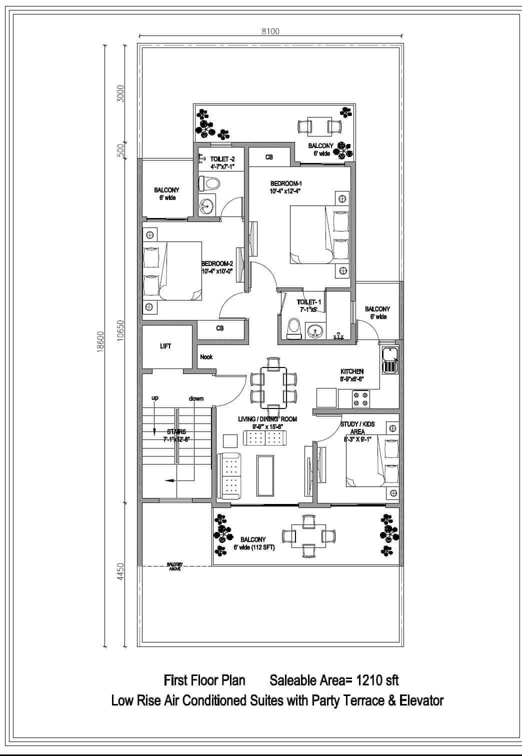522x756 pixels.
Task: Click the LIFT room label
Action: [165, 346]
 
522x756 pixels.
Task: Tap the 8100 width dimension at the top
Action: [270, 31]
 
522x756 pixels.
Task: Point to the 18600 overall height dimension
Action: [100, 342]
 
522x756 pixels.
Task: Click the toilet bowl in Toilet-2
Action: [209, 183]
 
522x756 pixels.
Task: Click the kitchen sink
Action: [389, 361]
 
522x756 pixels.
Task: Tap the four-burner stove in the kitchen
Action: [360, 398]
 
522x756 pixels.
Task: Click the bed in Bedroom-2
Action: [172, 271]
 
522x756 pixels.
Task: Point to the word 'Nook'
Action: [206, 357]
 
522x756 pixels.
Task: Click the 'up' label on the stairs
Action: [155, 398]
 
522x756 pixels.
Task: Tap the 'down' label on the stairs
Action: [196, 398]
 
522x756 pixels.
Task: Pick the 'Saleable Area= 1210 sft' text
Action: [334, 680]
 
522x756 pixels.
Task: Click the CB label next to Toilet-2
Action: [269, 157]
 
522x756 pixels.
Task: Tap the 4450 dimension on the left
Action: [120, 572]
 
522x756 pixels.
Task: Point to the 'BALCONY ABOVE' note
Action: [175, 566]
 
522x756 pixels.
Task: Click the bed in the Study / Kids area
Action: [372, 460]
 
